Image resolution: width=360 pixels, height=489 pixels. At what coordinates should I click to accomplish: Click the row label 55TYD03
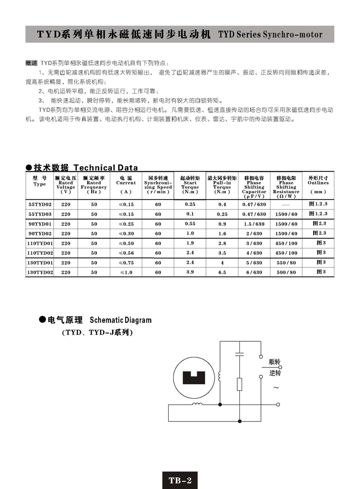[x=40, y=214]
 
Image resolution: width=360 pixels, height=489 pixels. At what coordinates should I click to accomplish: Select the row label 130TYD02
[x=40, y=272]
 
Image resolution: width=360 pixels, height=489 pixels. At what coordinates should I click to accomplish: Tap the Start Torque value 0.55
[x=190, y=223]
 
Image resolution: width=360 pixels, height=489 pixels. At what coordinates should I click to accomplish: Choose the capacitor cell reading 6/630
[x=254, y=272]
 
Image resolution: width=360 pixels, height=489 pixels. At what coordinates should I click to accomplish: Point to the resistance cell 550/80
[x=286, y=263]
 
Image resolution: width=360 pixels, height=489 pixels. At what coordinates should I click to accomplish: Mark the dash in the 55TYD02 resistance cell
[x=286, y=204]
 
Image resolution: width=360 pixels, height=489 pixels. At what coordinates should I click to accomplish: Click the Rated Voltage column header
[x=66, y=185]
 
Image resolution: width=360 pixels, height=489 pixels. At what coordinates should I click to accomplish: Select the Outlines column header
[x=318, y=185]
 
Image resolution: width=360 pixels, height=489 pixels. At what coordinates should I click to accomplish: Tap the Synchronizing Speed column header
[x=158, y=185]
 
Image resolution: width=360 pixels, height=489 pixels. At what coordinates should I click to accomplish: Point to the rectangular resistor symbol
[x=239, y=384]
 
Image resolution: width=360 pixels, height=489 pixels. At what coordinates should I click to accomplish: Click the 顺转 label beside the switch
[x=274, y=362]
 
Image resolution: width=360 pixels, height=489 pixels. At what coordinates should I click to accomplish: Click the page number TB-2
[x=180, y=480]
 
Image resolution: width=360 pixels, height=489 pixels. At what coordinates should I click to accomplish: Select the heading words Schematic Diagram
[x=121, y=320]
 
